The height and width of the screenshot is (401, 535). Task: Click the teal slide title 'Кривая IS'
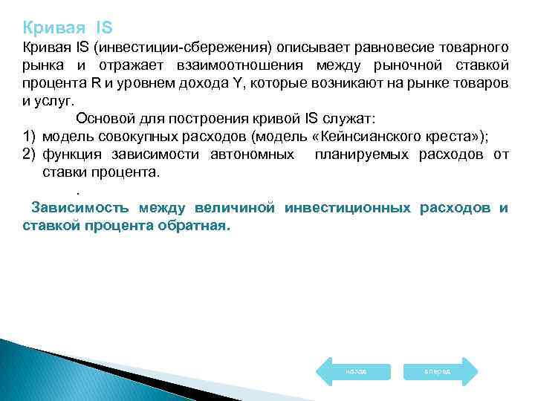(x=67, y=28)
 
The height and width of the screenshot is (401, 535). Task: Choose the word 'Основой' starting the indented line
(x=102, y=118)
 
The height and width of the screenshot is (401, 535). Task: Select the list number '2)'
(x=29, y=154)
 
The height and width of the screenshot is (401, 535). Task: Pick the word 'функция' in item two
(x=69, y=154)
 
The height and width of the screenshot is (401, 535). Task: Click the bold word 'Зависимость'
(x=77, y=207)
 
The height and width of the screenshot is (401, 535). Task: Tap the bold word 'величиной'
(x=239, y=207)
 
